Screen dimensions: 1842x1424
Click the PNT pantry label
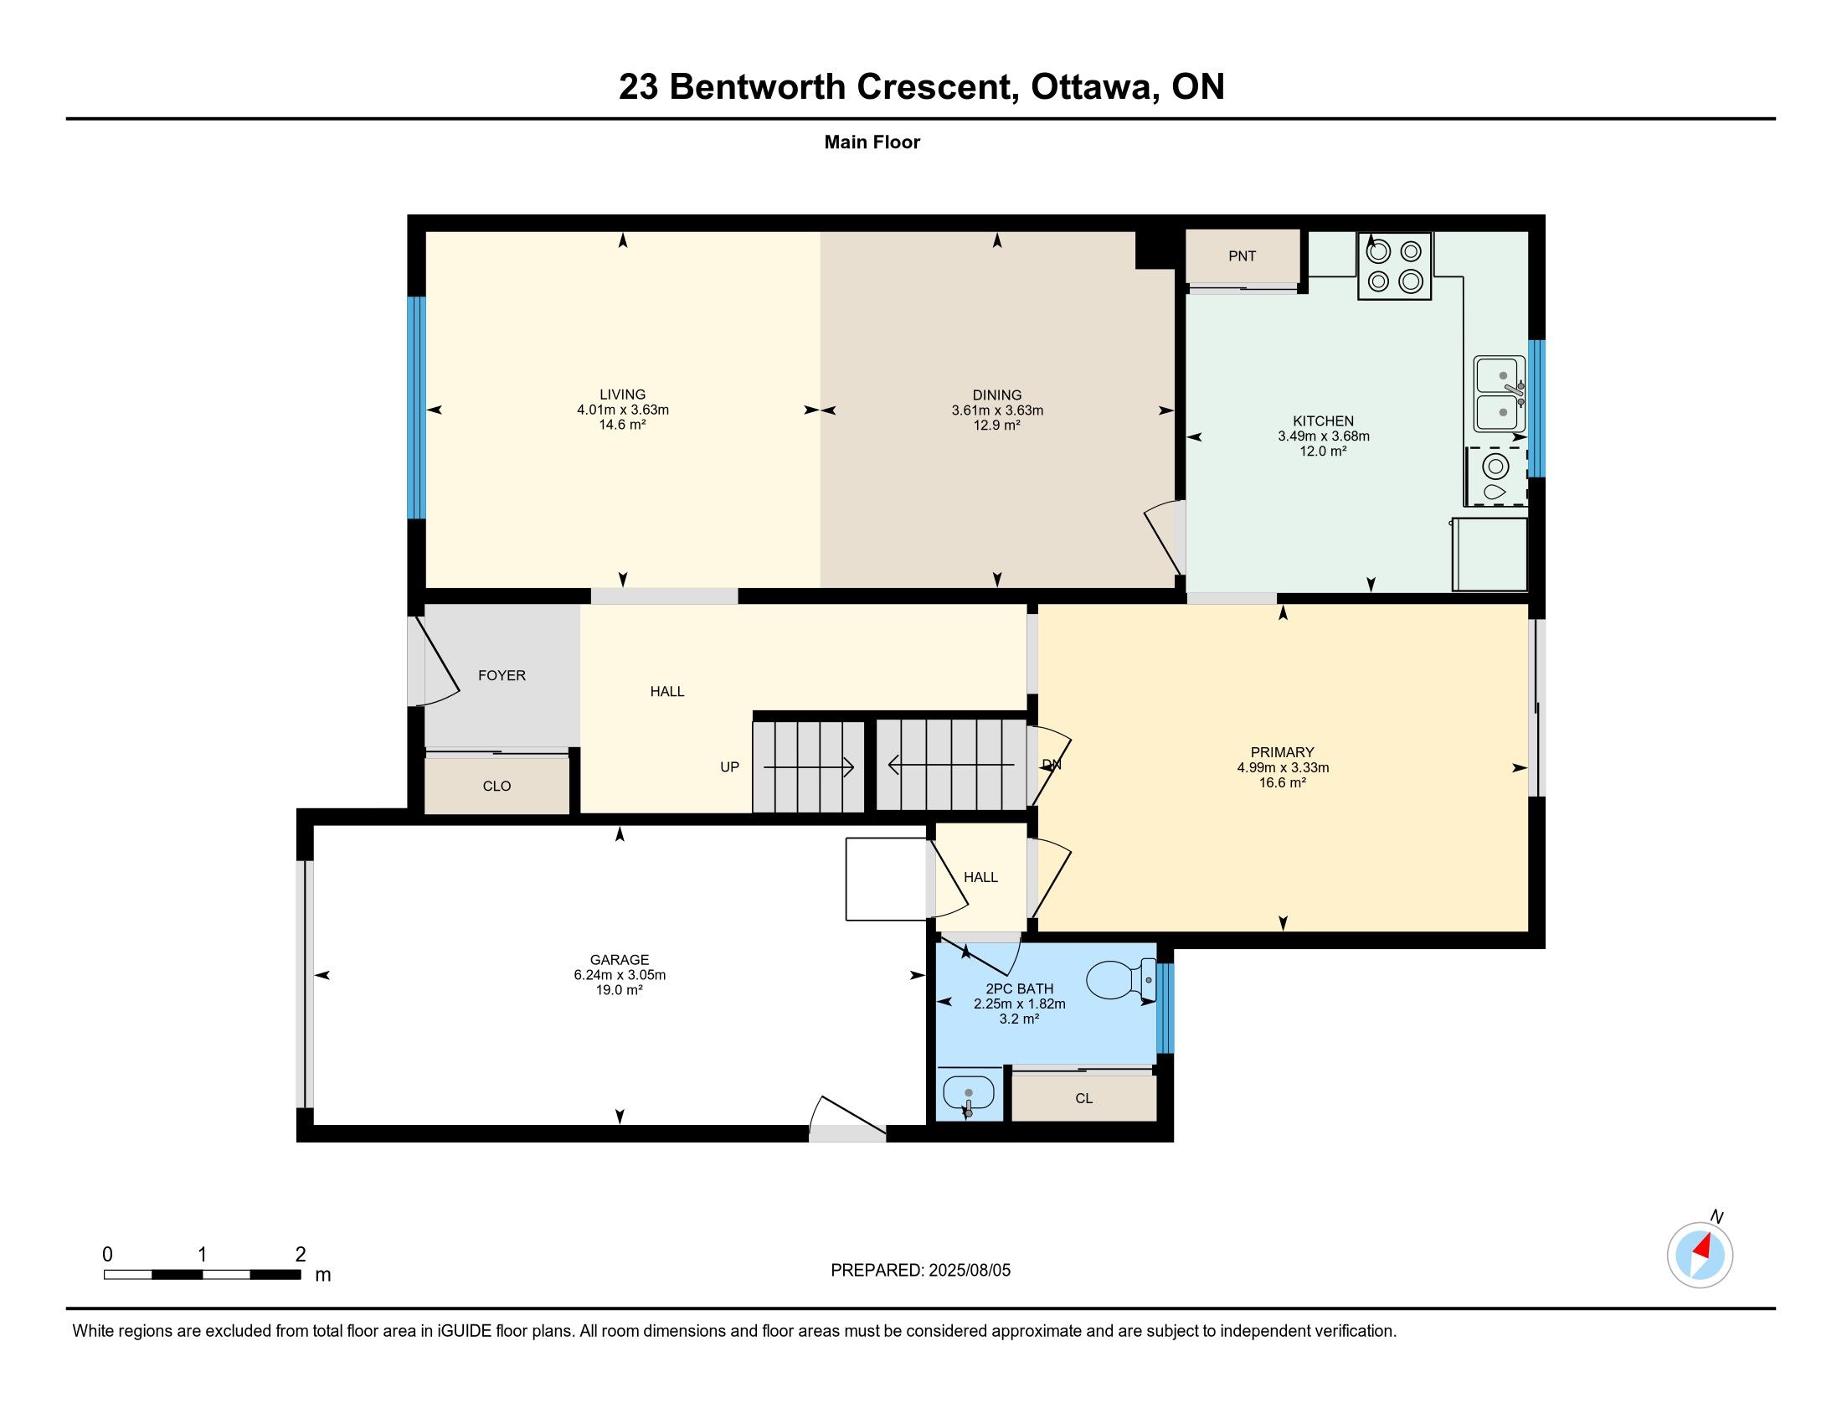tap(1242, 255)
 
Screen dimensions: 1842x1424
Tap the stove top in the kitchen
tap(1394, 266)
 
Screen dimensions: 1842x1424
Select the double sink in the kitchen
tap(1500, 393)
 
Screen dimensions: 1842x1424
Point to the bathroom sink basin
tap(968, 1096)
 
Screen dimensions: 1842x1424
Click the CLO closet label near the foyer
tap(497, 787)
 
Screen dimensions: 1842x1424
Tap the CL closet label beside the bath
tap(1083, 1098)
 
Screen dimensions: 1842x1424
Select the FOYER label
tap(502, 675)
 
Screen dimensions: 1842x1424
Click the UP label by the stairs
tap(729, 766)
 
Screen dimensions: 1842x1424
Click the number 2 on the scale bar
tap(301, 1254)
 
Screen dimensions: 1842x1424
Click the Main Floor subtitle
tap(872, 142)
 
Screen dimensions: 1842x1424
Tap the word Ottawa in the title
tap(1092, 87)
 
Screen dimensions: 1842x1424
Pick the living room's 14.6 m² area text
tap(622, 425)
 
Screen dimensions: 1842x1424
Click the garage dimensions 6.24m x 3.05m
tap(620, 974)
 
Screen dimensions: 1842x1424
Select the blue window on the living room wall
tap(416, 407)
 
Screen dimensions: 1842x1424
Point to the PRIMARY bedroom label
tap(1283, 752)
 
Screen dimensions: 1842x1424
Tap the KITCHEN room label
tap(1323, 421)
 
